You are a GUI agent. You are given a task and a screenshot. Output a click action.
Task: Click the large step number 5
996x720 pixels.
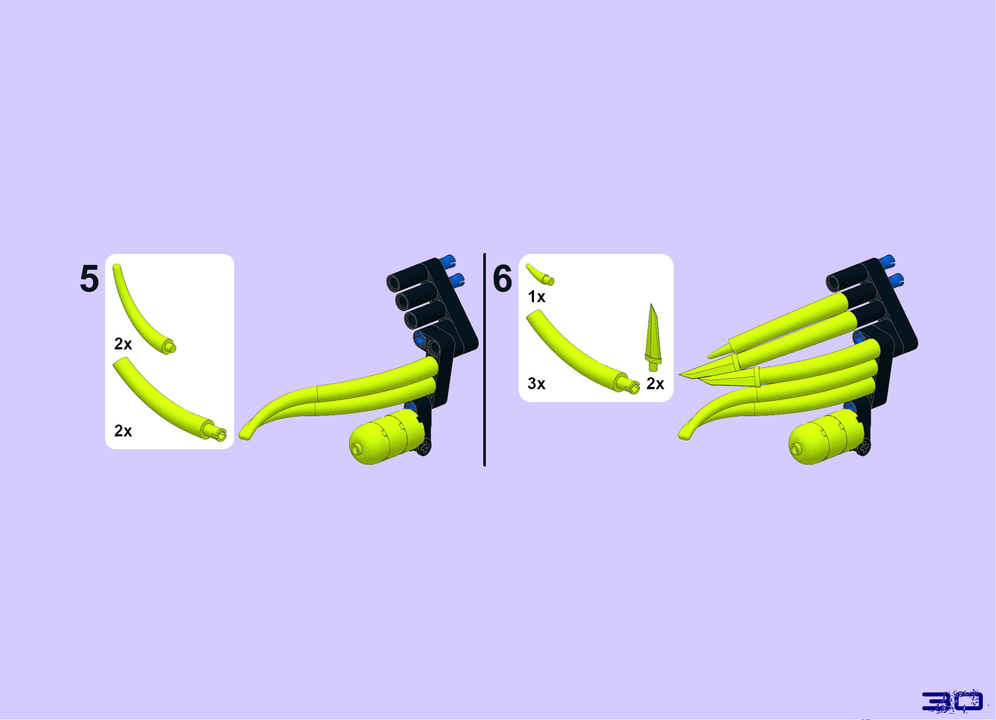click(x=89, y=279)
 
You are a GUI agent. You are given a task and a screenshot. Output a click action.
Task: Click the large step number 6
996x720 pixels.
click(x=503, y=279)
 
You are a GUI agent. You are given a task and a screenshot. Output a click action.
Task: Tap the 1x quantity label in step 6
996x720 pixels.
click(x=537, y=297)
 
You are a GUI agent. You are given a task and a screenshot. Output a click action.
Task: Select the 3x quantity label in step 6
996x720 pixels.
click(x=537, y=383)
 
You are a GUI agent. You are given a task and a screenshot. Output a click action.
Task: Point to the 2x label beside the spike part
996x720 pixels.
click(x=655, y=383)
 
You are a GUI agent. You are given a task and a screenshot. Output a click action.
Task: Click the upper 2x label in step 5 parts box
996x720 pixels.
click(x=123, y=344)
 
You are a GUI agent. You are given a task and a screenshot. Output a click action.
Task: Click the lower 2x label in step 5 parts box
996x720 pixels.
click(x=123, y=431)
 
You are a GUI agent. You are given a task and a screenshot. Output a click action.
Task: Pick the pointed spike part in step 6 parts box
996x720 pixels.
click(x=653, y=337)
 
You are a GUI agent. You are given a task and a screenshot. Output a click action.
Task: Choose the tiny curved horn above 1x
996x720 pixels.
click(x=540, y=274)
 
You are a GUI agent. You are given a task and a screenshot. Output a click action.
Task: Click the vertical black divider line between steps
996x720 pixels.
click(x=485, y=360)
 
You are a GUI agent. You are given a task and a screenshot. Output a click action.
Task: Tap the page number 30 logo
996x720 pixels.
click(x=952, y=701)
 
